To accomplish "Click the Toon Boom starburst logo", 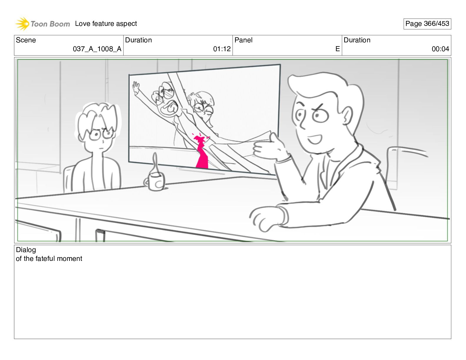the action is coord(22,24).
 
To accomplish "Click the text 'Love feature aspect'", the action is coord(106,24).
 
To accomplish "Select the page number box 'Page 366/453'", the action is coord(427,24).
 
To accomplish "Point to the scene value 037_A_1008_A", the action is coord(97,49).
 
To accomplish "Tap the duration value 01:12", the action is coord(222,49).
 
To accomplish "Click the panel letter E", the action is coord(337,49).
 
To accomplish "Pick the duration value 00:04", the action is coord(440,49).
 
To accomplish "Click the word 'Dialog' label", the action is coord(26,250).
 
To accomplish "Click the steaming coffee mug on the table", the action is coord(155,181).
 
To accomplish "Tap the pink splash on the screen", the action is coord(201,151).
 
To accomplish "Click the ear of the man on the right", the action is coord(347,116).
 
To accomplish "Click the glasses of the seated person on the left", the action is coord(101,134).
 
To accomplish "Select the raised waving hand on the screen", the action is coord(136,88).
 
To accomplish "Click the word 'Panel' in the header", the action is coord(243,40).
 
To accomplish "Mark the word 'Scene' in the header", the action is coord(26,40).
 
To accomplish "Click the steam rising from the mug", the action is coord(155,163).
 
